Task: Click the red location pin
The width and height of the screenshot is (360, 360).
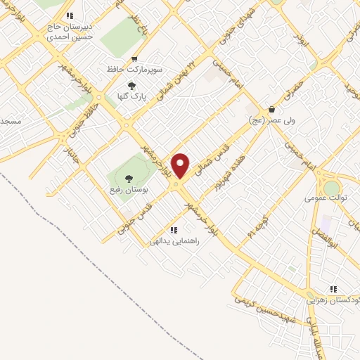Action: pos(181,165)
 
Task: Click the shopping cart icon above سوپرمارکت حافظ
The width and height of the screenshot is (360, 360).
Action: pos(134,59)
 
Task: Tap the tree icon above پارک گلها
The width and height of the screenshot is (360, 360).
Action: pos(131,86)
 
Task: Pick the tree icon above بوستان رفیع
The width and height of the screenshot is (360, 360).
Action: pos(128,177)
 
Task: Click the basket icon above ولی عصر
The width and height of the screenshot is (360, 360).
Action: pos(271,109)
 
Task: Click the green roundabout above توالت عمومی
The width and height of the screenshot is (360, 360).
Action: pos(330,188)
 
